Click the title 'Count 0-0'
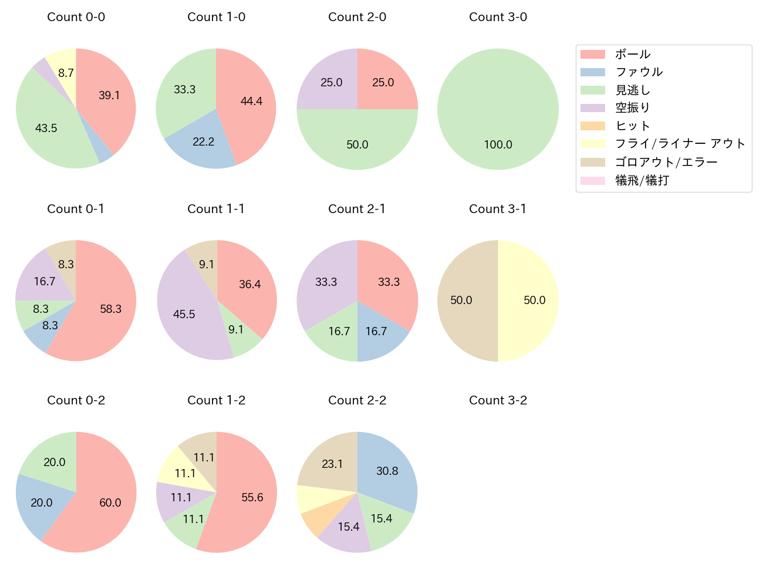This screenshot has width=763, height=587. tap(76, 17)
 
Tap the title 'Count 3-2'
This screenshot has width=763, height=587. tap(498, 400)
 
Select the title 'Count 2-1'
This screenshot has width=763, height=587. tap(357, 209)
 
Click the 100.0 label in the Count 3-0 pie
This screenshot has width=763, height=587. tap(498, 144)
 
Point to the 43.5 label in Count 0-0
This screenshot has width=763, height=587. tap(46, 128)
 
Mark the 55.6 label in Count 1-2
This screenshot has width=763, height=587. tap(252, 497)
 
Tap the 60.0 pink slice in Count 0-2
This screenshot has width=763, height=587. tap(106, 505)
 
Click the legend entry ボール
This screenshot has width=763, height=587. tap(632, 54)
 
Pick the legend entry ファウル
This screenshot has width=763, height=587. tap(639, 72)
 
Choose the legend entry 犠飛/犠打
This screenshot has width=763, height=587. tap(642, 181)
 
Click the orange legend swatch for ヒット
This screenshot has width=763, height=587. tap(592, 126)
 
